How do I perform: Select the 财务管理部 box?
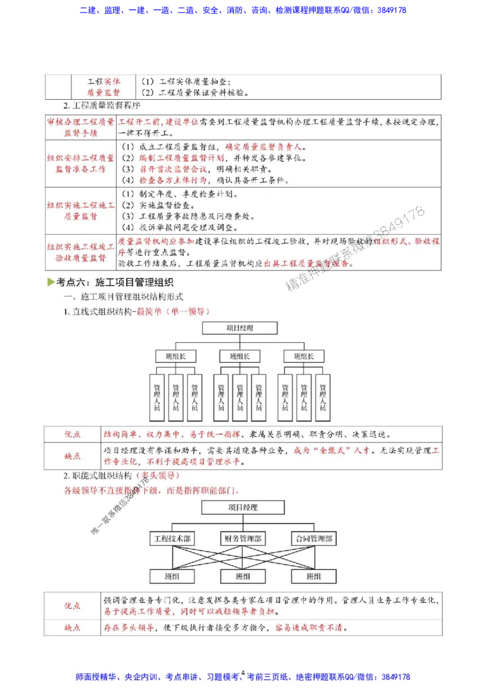(242, 538)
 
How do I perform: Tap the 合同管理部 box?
(313, 538)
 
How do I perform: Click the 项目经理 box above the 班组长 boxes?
(240, 328)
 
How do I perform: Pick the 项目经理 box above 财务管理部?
(242, 507)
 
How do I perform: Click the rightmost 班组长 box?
(304, 356)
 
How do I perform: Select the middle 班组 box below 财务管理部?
(242, 576)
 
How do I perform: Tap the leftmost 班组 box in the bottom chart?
(172, 576)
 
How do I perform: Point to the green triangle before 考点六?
(50, 281)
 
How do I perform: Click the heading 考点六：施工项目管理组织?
(114, 282)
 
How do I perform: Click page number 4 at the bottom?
(242, 673)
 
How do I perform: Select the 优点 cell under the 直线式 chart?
(72, 435)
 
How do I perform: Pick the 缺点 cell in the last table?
(72, 628)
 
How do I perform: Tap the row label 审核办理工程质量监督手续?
(81, 127)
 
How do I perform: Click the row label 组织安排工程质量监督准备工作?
(81, 163)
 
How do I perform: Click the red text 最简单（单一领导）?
(173, 311)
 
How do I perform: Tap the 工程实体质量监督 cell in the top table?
(103, 87)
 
